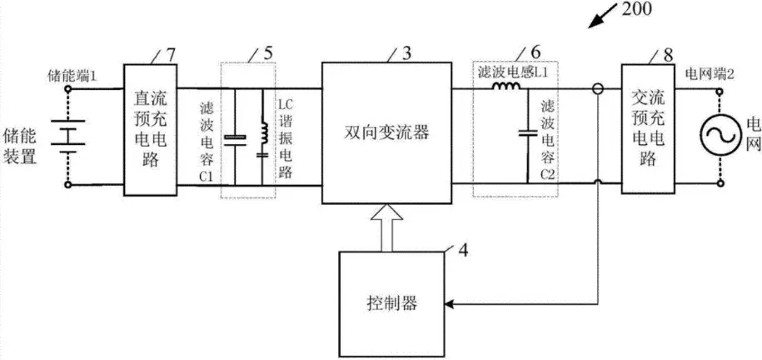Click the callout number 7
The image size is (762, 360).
171,53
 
